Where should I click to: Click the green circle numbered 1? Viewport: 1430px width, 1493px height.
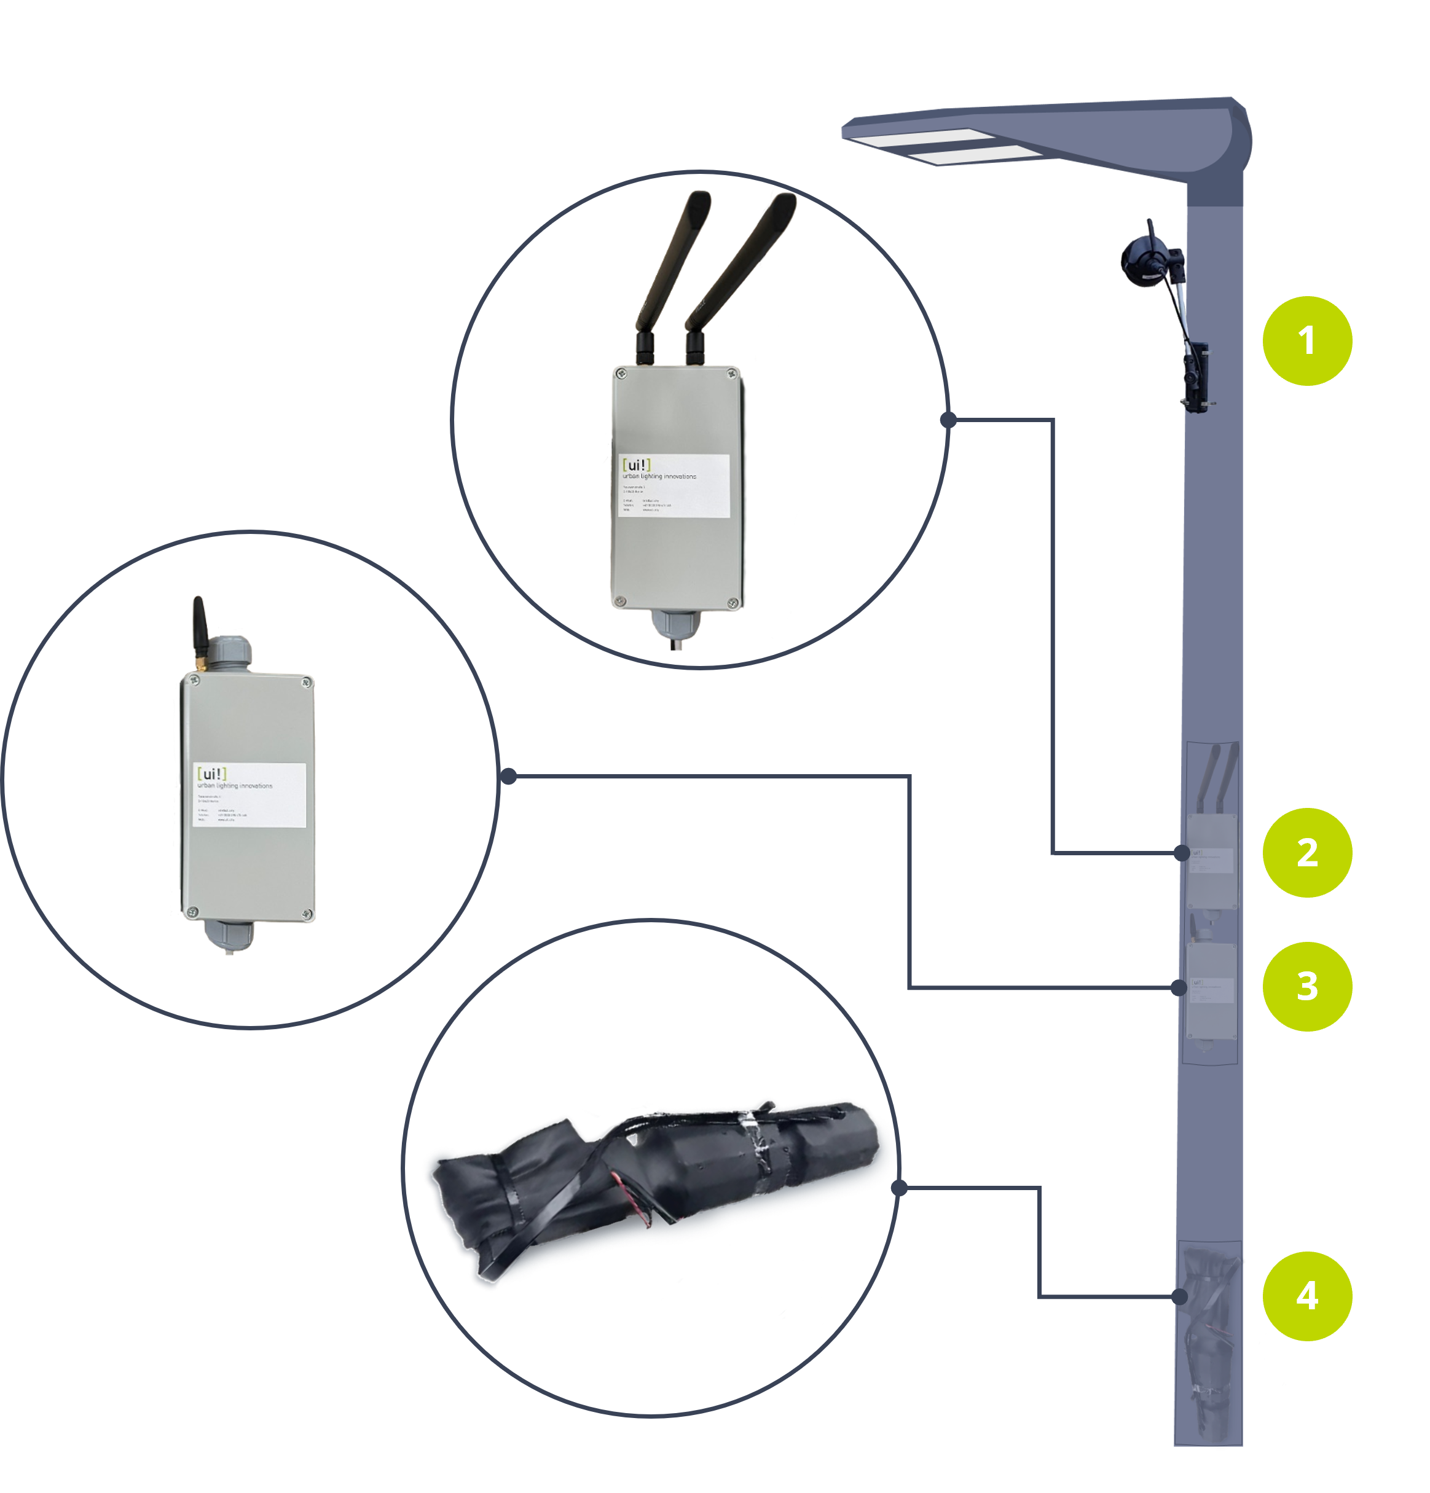point(1306,340)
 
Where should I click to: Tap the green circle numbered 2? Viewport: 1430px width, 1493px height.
point(1306,852)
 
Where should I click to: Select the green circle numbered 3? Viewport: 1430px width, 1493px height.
point(1306,987)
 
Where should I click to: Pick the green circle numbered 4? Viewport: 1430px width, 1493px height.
point(1306,1296)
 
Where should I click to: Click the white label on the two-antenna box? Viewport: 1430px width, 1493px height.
point(674,486)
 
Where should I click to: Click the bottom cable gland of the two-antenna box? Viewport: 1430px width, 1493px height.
point(674,625)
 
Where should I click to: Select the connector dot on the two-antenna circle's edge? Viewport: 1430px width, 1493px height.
point(948,420)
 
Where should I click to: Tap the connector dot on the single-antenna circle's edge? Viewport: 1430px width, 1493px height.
point(509,776)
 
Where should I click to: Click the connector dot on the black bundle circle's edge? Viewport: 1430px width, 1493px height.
point(899,1188)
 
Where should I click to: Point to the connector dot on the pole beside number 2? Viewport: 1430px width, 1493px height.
point(1182,852)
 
